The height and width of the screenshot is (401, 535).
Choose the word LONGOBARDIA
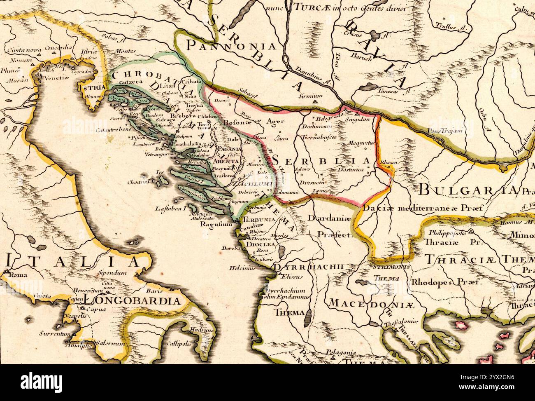coord(132,300)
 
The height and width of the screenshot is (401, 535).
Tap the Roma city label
coord(16,275)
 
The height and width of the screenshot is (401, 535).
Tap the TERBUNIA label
coord(258,220)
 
